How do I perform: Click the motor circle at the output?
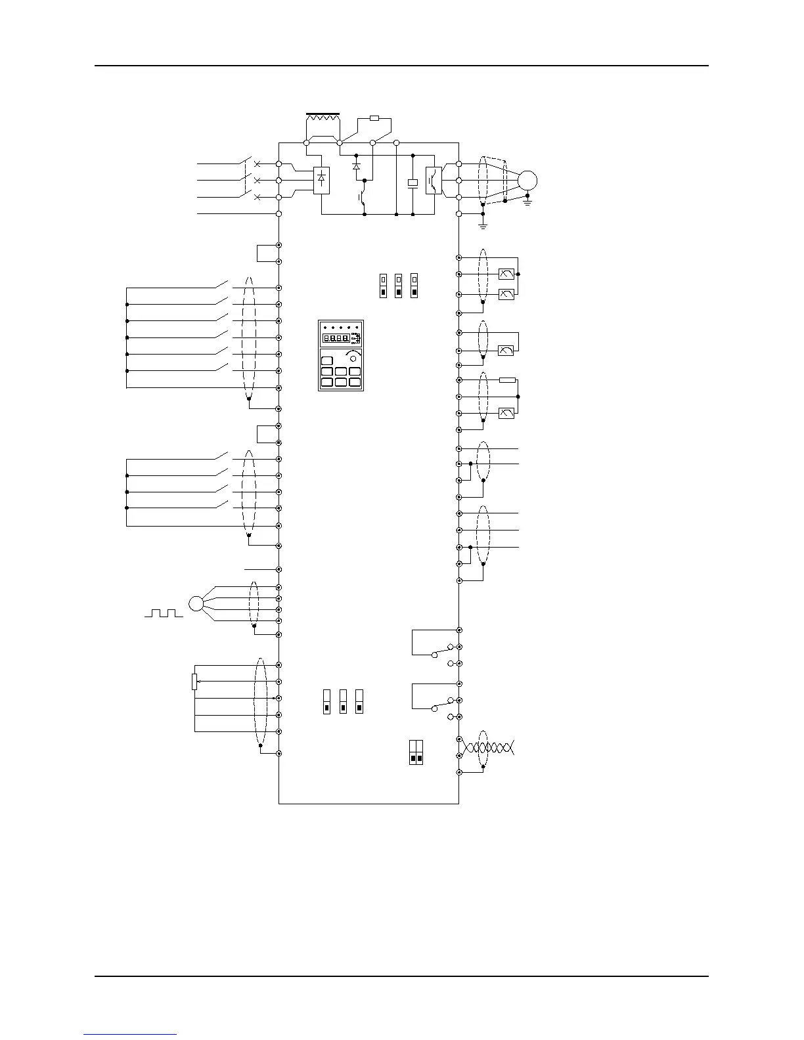(527, 181)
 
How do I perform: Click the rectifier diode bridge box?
(321, 179)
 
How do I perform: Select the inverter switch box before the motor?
(434, 181)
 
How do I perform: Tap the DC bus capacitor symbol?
(413, 183)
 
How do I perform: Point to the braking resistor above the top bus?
(374, 118)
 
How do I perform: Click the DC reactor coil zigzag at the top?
(323, 119)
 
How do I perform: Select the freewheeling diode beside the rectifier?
(357, 167)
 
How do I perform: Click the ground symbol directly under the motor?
(527, 202)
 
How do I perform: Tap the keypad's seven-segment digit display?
(335, 339)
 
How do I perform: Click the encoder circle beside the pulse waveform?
(196, 603)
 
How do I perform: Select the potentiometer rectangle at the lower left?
(194, 682)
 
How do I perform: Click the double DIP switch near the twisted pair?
(416, 752)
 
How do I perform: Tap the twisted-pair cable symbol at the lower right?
(489, 747)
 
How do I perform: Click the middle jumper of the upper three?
(398, 286)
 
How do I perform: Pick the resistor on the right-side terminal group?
(507, 380)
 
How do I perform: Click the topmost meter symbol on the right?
(506, 274)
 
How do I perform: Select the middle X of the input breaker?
(257, 180)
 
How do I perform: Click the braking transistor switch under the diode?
(362, 196)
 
